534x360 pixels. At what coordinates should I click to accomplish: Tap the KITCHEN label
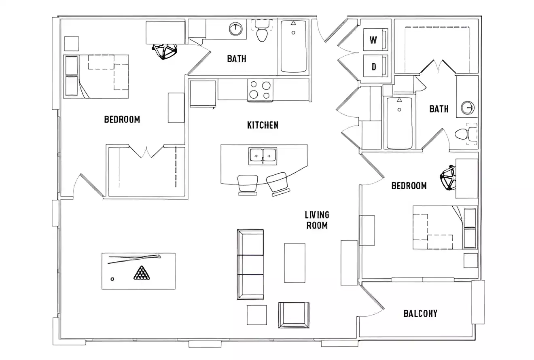click(263, 125)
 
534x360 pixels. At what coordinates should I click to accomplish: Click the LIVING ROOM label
click(317, 220)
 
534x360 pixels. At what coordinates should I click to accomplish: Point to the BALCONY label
click(420, 313)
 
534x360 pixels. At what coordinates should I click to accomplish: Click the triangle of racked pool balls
click(141, 273)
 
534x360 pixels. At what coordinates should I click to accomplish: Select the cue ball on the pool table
click(112, 279)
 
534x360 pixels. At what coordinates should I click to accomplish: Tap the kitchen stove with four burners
click(260, 90)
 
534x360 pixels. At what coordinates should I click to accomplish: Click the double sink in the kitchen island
click(263, 156)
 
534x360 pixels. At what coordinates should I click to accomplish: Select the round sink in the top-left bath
click(235, 29)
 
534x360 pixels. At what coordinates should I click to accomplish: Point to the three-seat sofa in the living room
click(250, 265)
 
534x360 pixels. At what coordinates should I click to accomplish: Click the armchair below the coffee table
click(294, 314)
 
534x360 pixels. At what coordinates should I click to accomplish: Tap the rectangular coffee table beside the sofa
click(295, 263)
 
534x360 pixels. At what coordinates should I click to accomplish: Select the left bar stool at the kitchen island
click(248, 184)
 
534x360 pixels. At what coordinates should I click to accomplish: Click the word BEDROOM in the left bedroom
click(122, 119)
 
